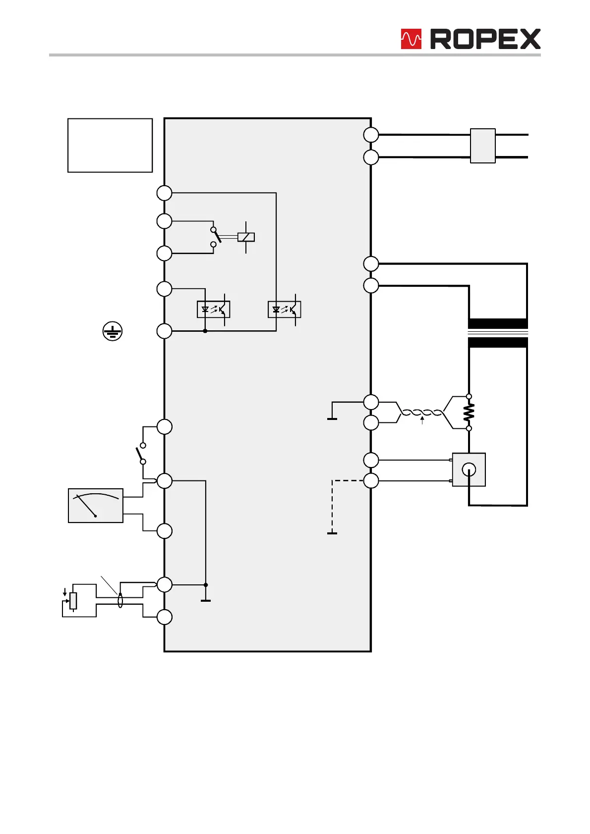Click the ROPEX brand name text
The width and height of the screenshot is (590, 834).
[485, 39]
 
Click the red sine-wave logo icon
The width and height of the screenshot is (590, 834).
[411, 39]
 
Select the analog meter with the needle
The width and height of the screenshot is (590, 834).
[95, 506]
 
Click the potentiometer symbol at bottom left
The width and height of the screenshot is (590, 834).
[73, 600]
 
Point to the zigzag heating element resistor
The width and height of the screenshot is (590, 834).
[469, 412]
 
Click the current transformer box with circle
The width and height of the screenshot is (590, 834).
[469, 469]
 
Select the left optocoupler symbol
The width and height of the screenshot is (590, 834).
[213, 310]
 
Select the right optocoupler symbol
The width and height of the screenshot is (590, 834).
[284, 310]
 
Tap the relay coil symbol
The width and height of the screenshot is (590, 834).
[246, 237]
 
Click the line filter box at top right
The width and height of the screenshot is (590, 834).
[482, 146]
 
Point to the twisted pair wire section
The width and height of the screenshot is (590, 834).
[421, 413]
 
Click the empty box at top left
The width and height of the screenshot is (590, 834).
[110, 145]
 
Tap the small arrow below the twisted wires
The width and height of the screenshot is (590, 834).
[422, 421]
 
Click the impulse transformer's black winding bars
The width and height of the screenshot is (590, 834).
[498, 333]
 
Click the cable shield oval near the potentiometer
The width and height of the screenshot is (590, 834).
[120, 600]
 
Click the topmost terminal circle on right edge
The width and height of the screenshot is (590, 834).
[371, 135]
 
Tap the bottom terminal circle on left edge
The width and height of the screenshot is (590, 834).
[165, 617]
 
